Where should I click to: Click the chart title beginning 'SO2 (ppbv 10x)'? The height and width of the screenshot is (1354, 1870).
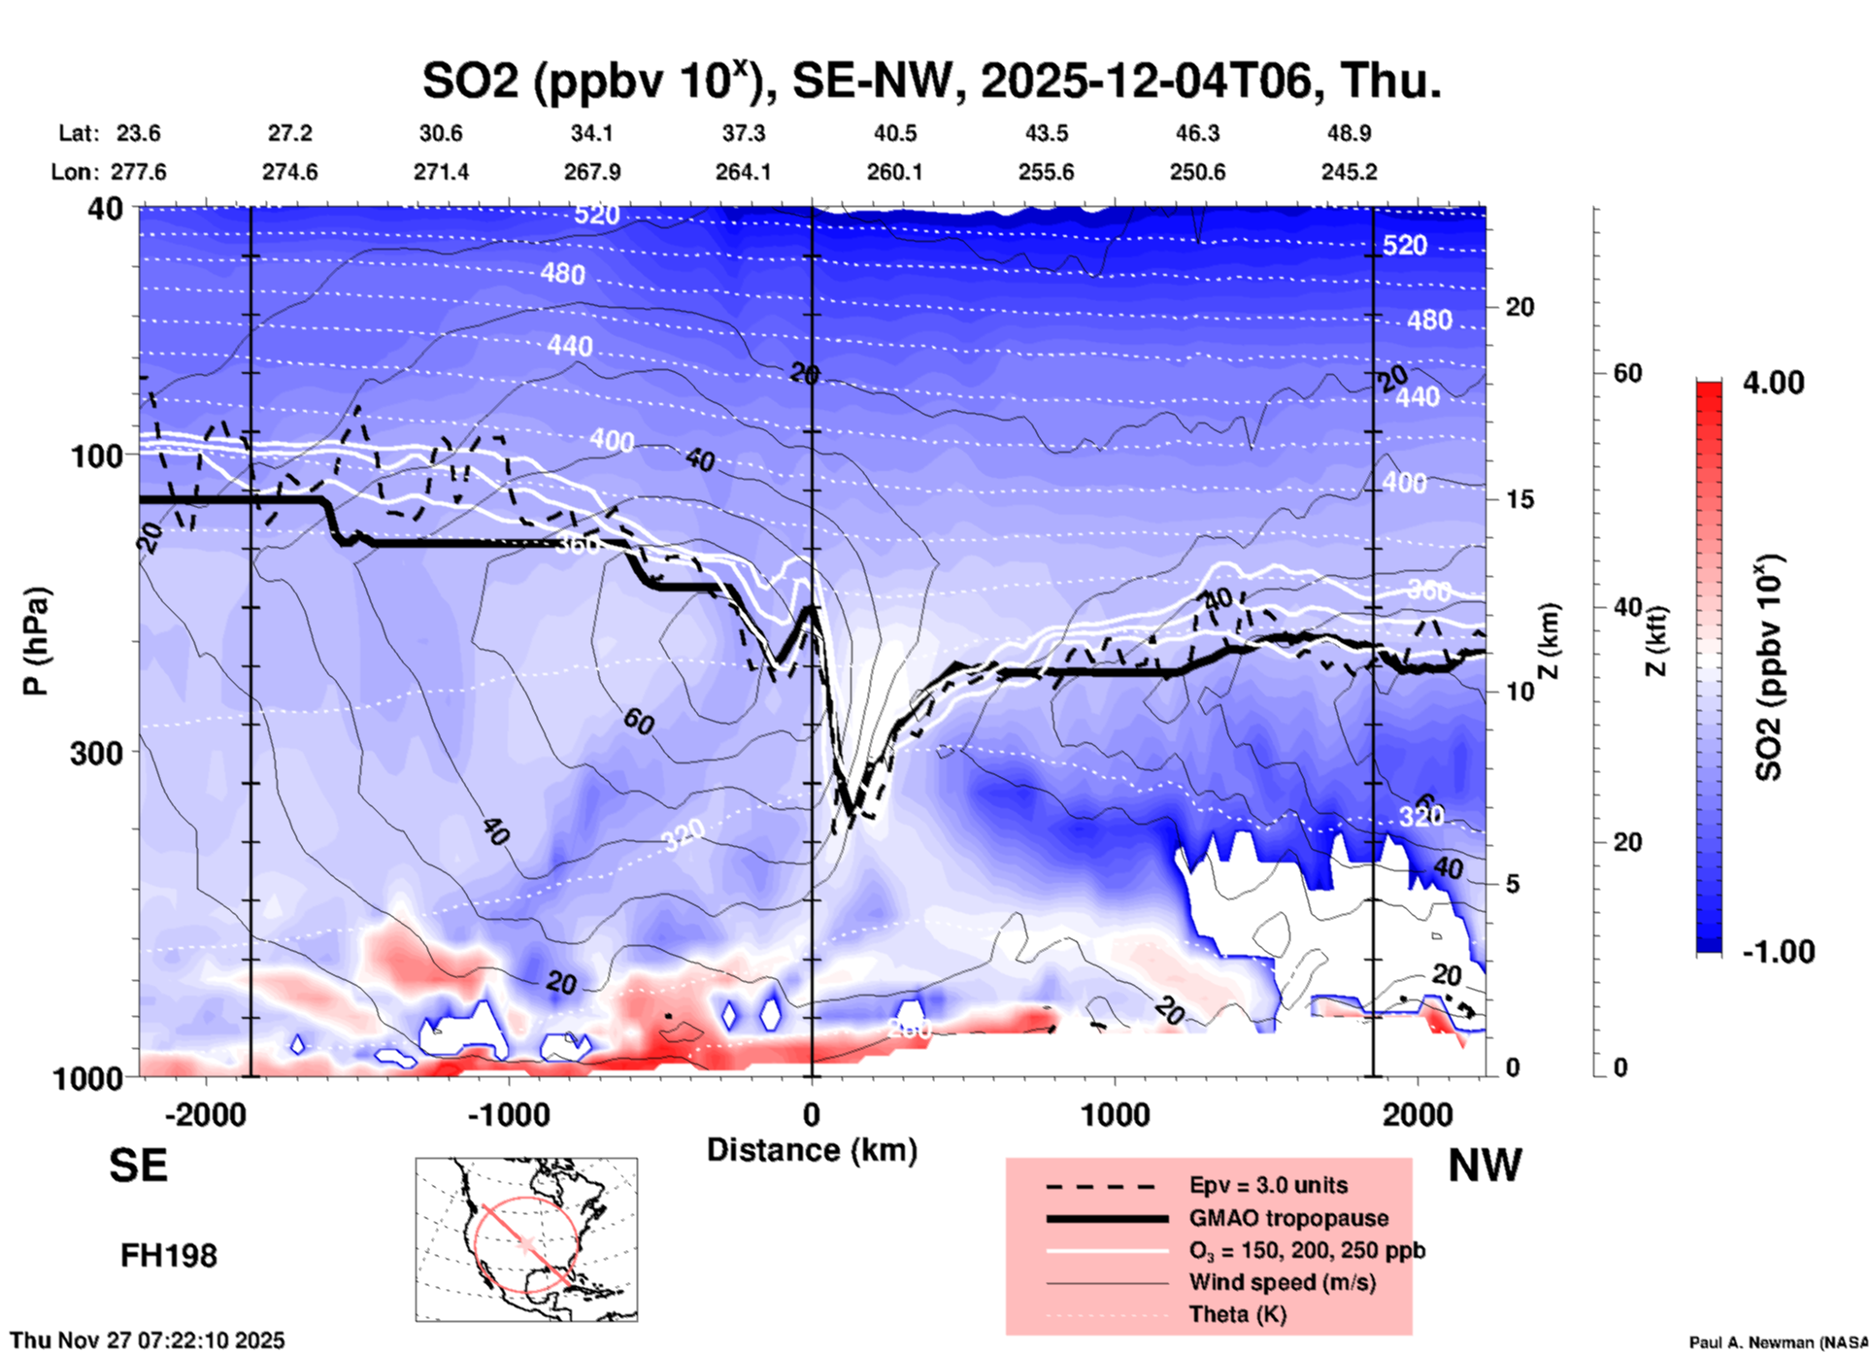coord(931,81)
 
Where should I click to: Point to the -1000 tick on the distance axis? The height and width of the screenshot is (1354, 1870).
coord(509,1114)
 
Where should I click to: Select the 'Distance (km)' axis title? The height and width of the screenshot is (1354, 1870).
coord(812,1150)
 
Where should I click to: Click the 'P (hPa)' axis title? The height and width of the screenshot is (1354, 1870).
coord(36,641)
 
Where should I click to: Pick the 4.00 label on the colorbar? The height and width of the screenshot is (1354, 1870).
coord(1773,383)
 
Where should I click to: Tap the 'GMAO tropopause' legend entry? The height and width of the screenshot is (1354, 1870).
coord(1288,1218)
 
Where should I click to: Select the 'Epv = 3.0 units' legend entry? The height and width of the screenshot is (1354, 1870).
coord(1268,1186)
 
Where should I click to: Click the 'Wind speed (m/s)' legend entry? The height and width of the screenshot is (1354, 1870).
coord(1282,1282)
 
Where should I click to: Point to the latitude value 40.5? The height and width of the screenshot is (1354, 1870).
coord(894,133)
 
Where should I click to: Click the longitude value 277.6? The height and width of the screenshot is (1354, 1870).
coord(139,172)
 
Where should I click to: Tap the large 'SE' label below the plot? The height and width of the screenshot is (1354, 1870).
coord(138,1166)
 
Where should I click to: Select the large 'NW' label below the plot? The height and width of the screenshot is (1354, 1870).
coord(1485,1166)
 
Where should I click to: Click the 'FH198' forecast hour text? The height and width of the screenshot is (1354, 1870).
coord(169,1256)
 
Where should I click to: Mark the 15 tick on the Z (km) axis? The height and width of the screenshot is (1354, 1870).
coord(1520,499)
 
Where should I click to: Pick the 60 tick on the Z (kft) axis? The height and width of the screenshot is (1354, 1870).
coord(1627,373)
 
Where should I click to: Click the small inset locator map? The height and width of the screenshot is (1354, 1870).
coord(526,1239)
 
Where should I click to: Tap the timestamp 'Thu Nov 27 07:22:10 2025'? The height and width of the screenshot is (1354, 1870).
coord(148,1340)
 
